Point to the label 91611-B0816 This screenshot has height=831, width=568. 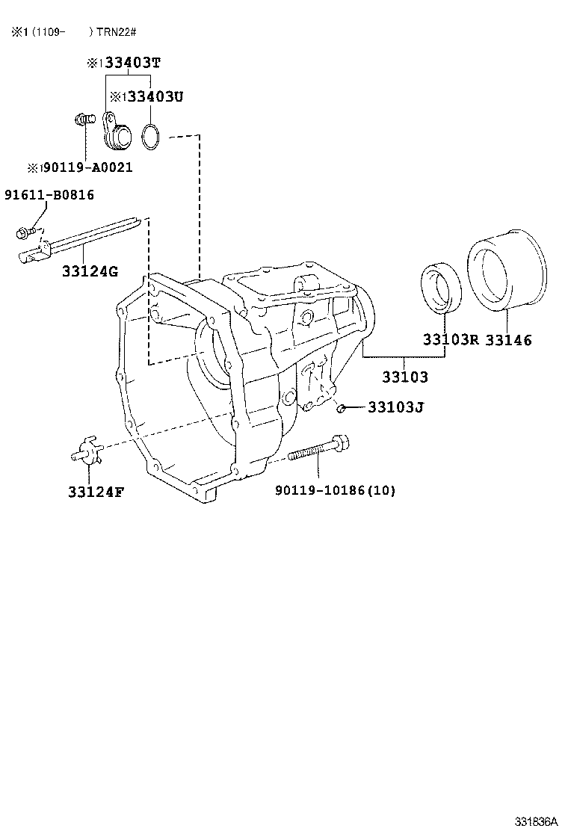click(x=49, y=196)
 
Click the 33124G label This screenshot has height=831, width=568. click(x=90, y=271)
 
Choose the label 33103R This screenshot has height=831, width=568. click(x=450, y=340)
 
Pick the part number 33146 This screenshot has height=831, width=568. click(x=508, y=340)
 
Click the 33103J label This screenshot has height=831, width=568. click(x=396, y=408)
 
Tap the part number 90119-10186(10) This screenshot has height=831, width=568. click(x=335, y=490)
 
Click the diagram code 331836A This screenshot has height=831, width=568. click(x=535, y=821)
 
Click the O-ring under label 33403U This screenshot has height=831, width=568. click(x=151, y=137)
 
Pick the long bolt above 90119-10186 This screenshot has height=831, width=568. click(x=318, y=450)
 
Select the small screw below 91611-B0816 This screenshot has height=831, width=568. click(x=22, y=233)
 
